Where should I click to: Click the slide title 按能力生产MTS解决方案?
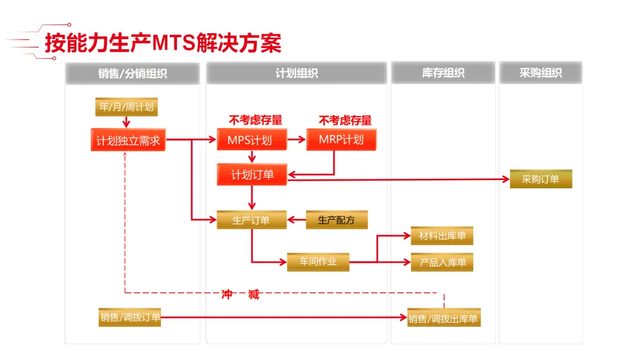[163, 43]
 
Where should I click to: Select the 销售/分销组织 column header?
[133, 73]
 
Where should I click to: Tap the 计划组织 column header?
[296, 73]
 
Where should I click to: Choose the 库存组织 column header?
[443, 73]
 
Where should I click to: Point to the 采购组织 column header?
[541, 73]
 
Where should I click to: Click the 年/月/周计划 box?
[127, 107]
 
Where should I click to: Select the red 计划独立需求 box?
[128, 141]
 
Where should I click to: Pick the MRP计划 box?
[341, 140]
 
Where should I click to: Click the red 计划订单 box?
[252, 175]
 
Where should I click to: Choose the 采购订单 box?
[541, 179]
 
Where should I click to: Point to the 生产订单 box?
[251, 220]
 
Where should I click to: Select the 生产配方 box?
[336, 220]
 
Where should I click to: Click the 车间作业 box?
[318, 262]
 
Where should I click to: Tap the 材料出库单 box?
[442, 236]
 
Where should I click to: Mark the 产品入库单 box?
[442, 262]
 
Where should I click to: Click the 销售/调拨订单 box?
[130, 317]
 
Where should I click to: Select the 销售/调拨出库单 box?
[443, 319]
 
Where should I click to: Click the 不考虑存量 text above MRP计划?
[346, 120]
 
